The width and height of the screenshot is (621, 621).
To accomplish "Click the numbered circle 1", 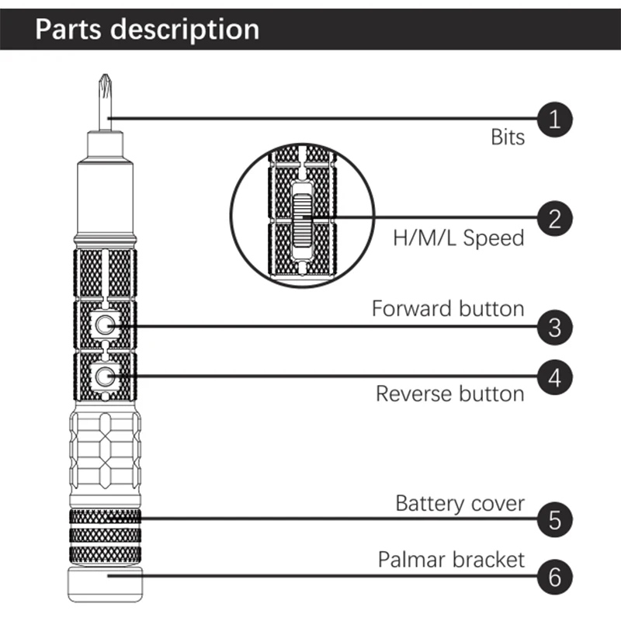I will click(x=554, y=119).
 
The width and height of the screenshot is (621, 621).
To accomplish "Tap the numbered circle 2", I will click(x=554, y=217).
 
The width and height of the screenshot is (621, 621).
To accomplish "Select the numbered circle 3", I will click(x=554, y=327).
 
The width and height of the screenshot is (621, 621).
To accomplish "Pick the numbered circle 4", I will click(x=554, y=378).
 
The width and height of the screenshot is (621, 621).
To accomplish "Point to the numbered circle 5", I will click(x=554, y=519).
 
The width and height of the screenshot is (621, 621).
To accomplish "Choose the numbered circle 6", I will click(x=554, y=577).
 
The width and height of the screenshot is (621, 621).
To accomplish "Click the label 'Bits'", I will click(x=508, y=138).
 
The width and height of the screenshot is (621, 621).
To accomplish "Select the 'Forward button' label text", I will click(x=448, y=308).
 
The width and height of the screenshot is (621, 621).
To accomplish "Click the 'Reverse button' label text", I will click(x=450, y=394).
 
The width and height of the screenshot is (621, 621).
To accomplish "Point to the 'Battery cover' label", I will click(x=460, y=503).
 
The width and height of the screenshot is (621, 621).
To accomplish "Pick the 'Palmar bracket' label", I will click(x=451, y=559).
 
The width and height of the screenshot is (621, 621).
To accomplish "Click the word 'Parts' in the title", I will click(x=70, y=29).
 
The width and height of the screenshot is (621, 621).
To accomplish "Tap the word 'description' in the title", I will click(x=185, y=30).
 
